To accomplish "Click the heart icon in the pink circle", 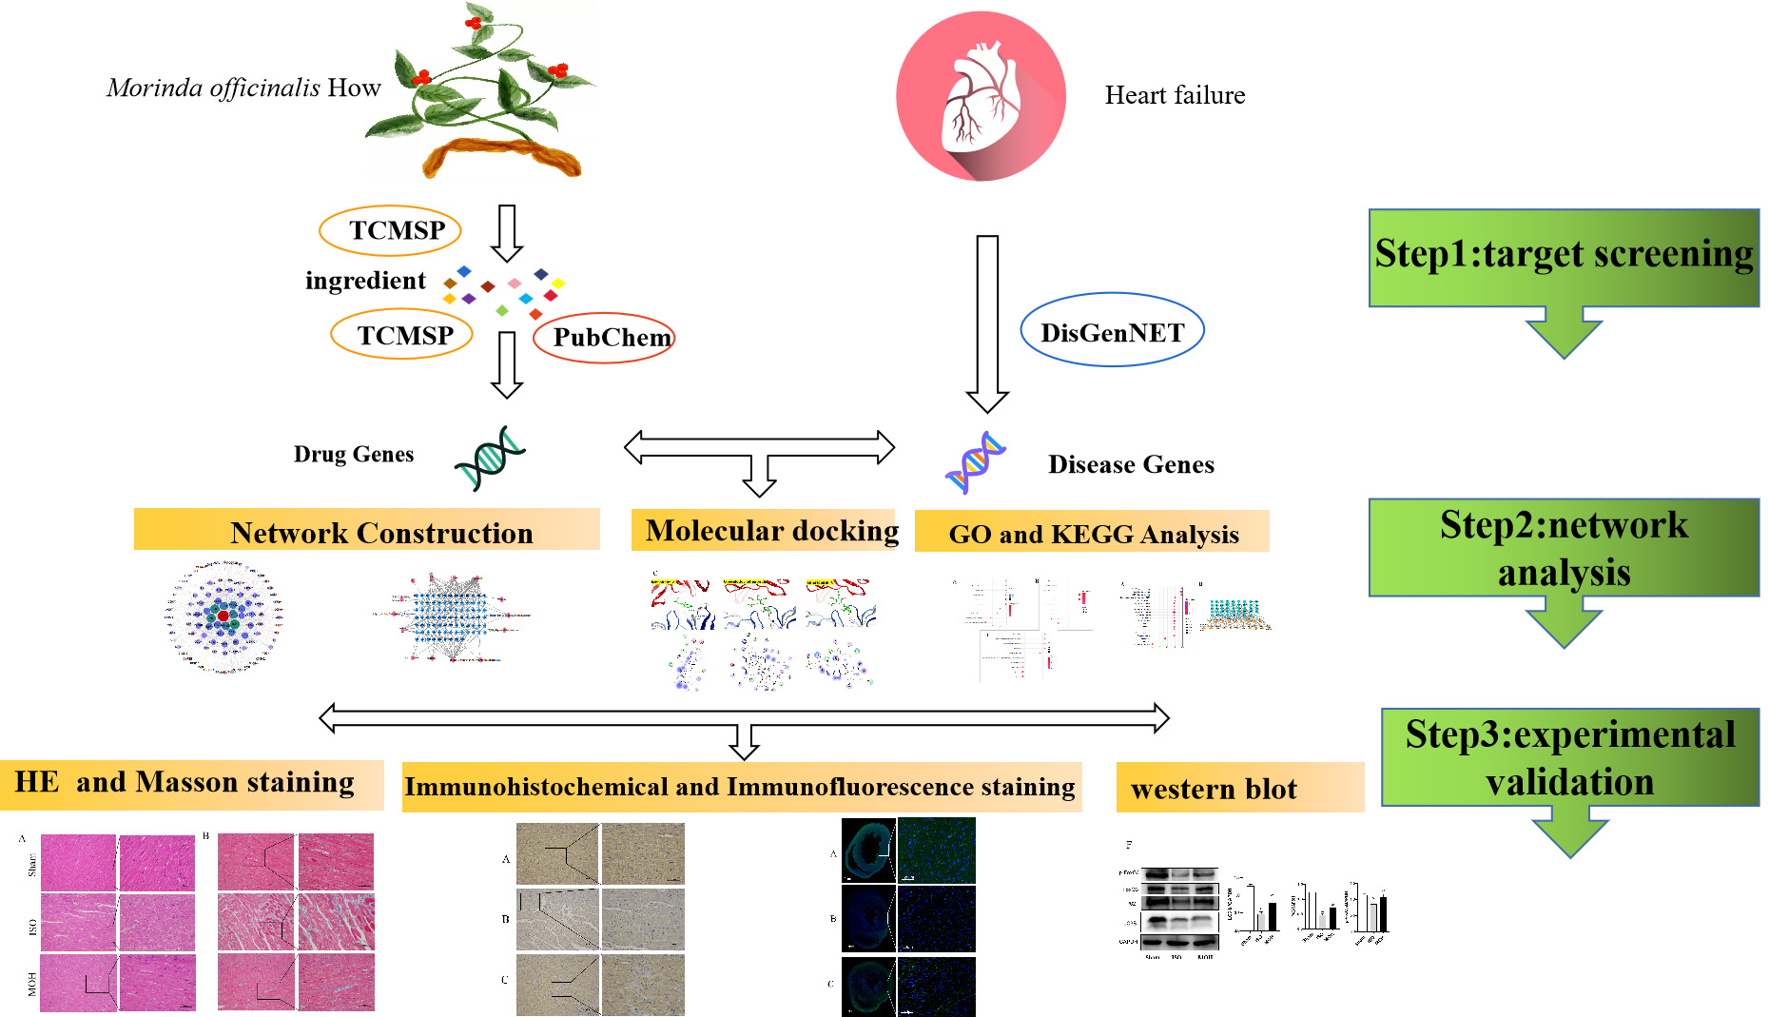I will pos(981,95).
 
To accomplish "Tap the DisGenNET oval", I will pos(1112,331).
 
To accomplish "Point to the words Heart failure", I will pos(1175,95).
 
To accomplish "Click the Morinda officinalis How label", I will pos(243,88).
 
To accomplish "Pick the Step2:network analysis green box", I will pos(1564,548).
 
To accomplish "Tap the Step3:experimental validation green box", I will pos(1570,757).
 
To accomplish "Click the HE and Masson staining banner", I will pos(191,784).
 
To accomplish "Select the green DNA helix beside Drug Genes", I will pos(489,458).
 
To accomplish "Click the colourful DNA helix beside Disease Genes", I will pos(975,463).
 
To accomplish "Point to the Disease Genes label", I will pos(1131,464).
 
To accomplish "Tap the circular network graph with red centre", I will pos(224,617).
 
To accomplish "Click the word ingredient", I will pos(365,281).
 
